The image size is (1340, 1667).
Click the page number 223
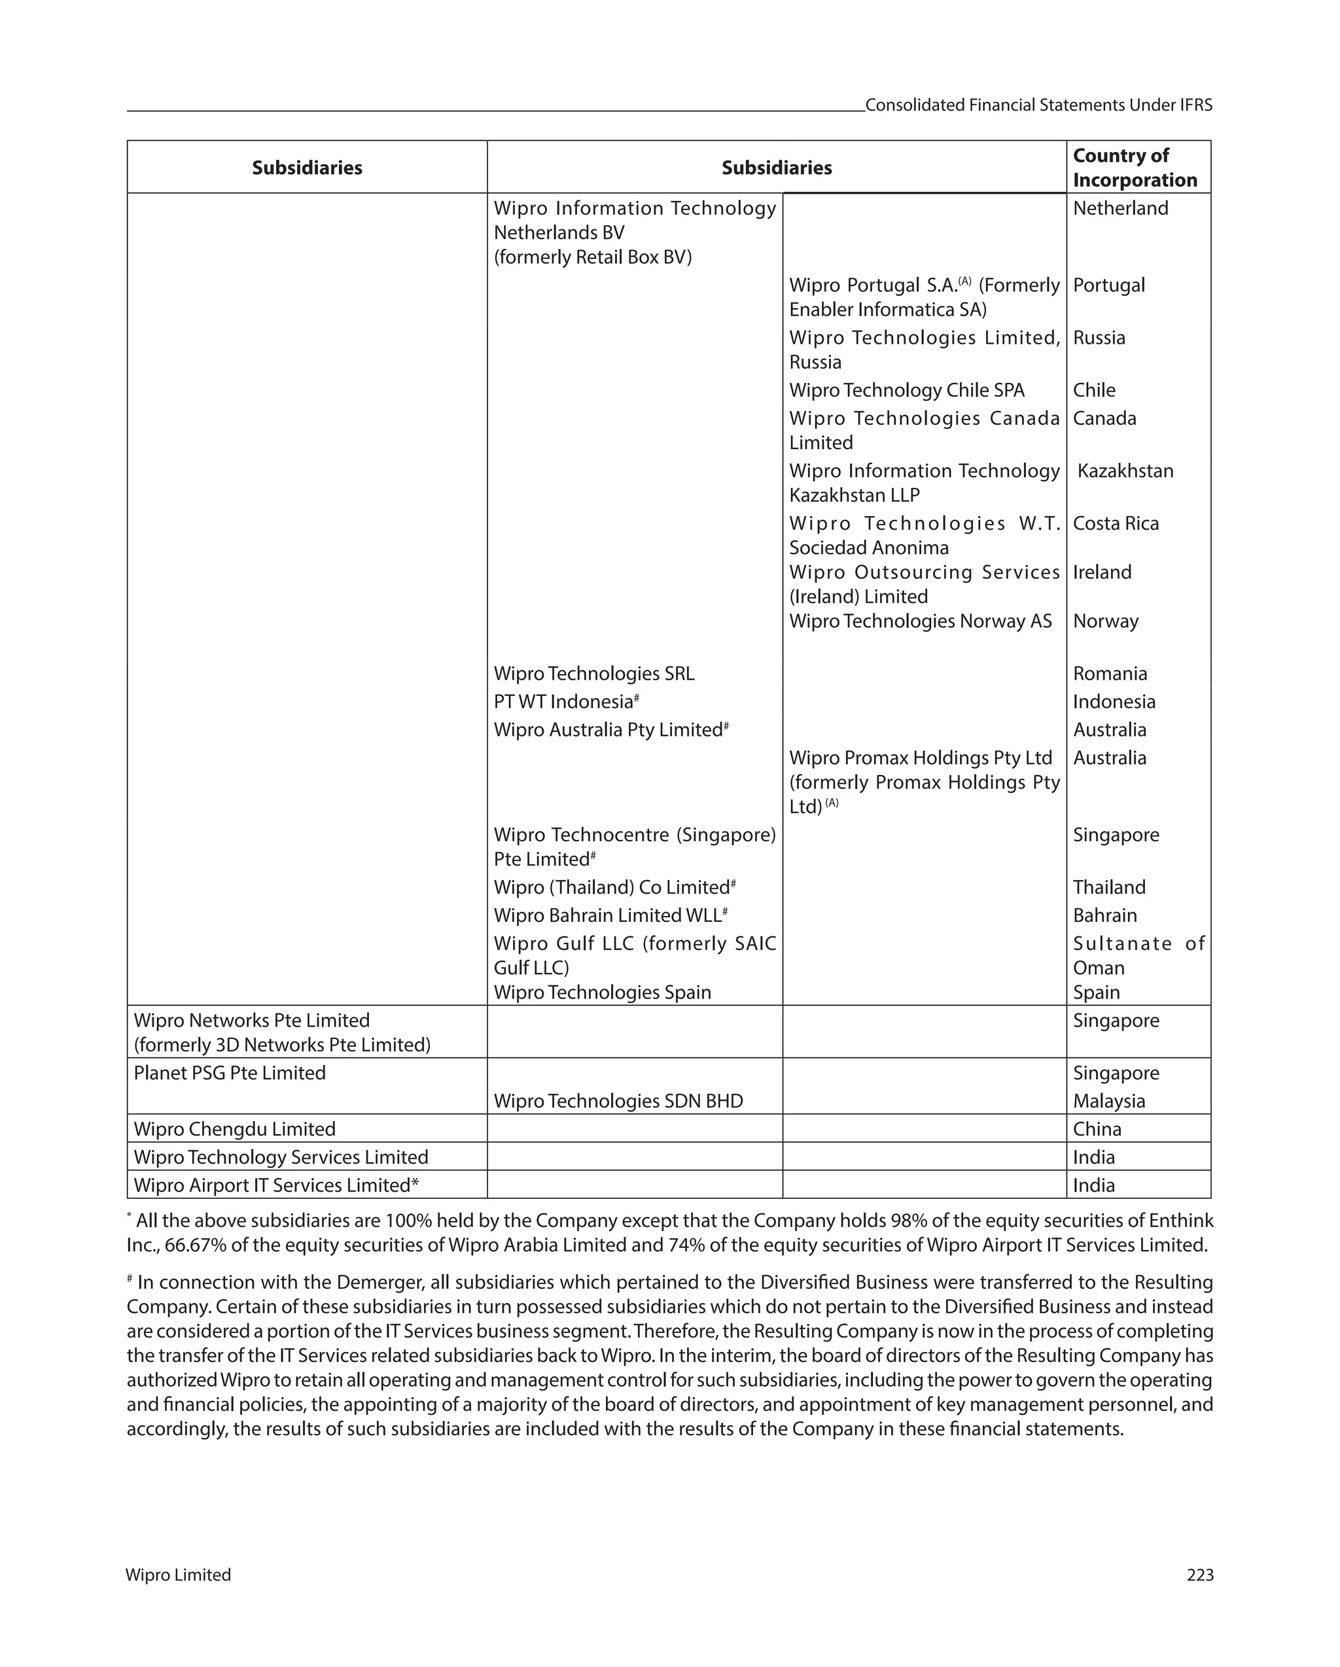coord(1199,1575)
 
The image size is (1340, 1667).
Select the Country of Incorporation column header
coord(1135,168)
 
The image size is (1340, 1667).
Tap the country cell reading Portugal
coord(1109,285)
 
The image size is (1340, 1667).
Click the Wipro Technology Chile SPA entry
coord(906,390)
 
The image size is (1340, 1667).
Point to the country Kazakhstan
coord(1125,471)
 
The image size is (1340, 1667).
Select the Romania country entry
coord(1110,674)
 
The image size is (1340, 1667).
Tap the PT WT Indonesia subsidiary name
coord(563,702)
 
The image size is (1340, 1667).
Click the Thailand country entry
coord(1109,888)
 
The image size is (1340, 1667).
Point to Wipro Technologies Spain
coord(602,993)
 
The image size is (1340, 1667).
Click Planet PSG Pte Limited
coord(230,1073)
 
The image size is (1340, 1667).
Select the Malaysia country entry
coord(1109,1101)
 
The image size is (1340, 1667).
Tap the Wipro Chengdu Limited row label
coord(234,1129)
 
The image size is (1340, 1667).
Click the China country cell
coord(1097,1129)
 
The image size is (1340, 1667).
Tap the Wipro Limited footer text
coord(178,1575)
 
